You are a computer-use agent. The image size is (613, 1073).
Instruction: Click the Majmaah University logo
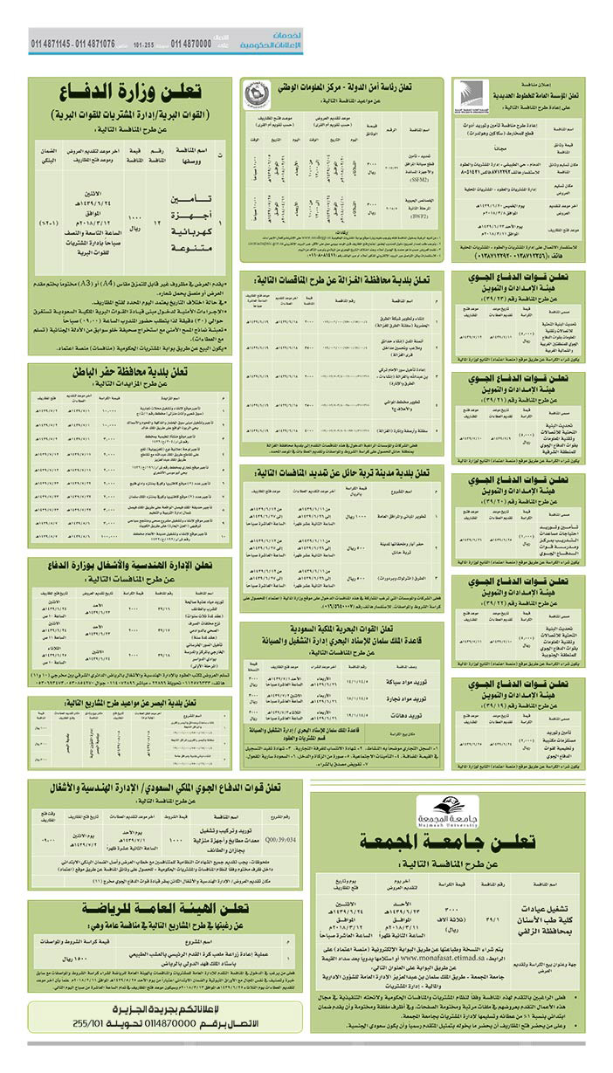(x=446, y=811)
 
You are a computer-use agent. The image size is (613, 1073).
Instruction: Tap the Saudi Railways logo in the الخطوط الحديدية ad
(x=465, y=93)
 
